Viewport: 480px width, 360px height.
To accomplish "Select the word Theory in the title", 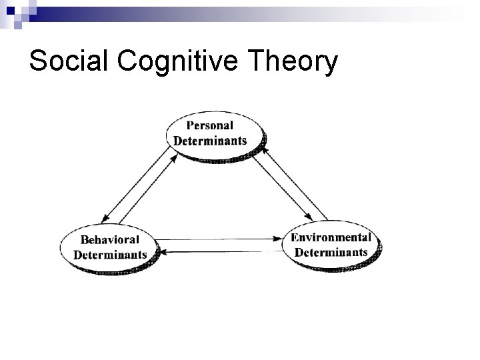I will [295, 62].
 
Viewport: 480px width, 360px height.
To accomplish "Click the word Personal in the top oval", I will [210, 125].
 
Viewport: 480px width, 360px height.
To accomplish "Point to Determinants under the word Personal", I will [210, 140].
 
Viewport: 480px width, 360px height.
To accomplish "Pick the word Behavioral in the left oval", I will [110, 239].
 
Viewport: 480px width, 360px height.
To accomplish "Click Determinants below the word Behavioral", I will [110, 255].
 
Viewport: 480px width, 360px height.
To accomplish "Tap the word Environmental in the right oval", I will [331, 237].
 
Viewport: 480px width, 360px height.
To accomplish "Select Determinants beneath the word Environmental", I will [331, 252].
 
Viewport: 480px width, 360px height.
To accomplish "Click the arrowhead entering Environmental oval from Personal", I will [310, 219].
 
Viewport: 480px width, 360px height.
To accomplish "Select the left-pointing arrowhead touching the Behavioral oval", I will [164, 251].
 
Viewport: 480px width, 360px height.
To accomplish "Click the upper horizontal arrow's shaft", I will [220, 237].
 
